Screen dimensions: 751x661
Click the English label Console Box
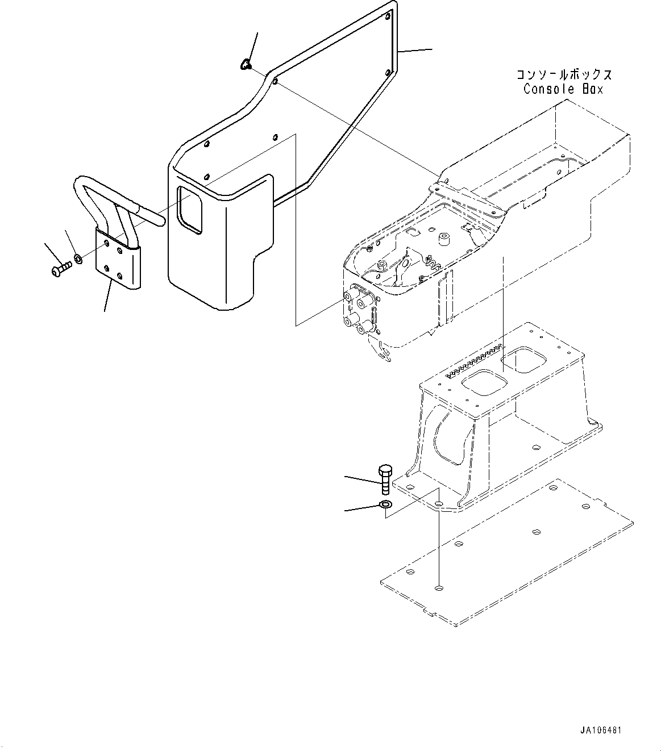(x=563, y=89)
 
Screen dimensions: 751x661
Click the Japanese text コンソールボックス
(x=564, y=75)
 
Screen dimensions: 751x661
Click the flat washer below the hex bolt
(x=385, y=505)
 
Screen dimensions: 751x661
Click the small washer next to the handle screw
(x=78, y=260)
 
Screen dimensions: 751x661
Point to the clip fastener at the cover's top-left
(x=246, y=64)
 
